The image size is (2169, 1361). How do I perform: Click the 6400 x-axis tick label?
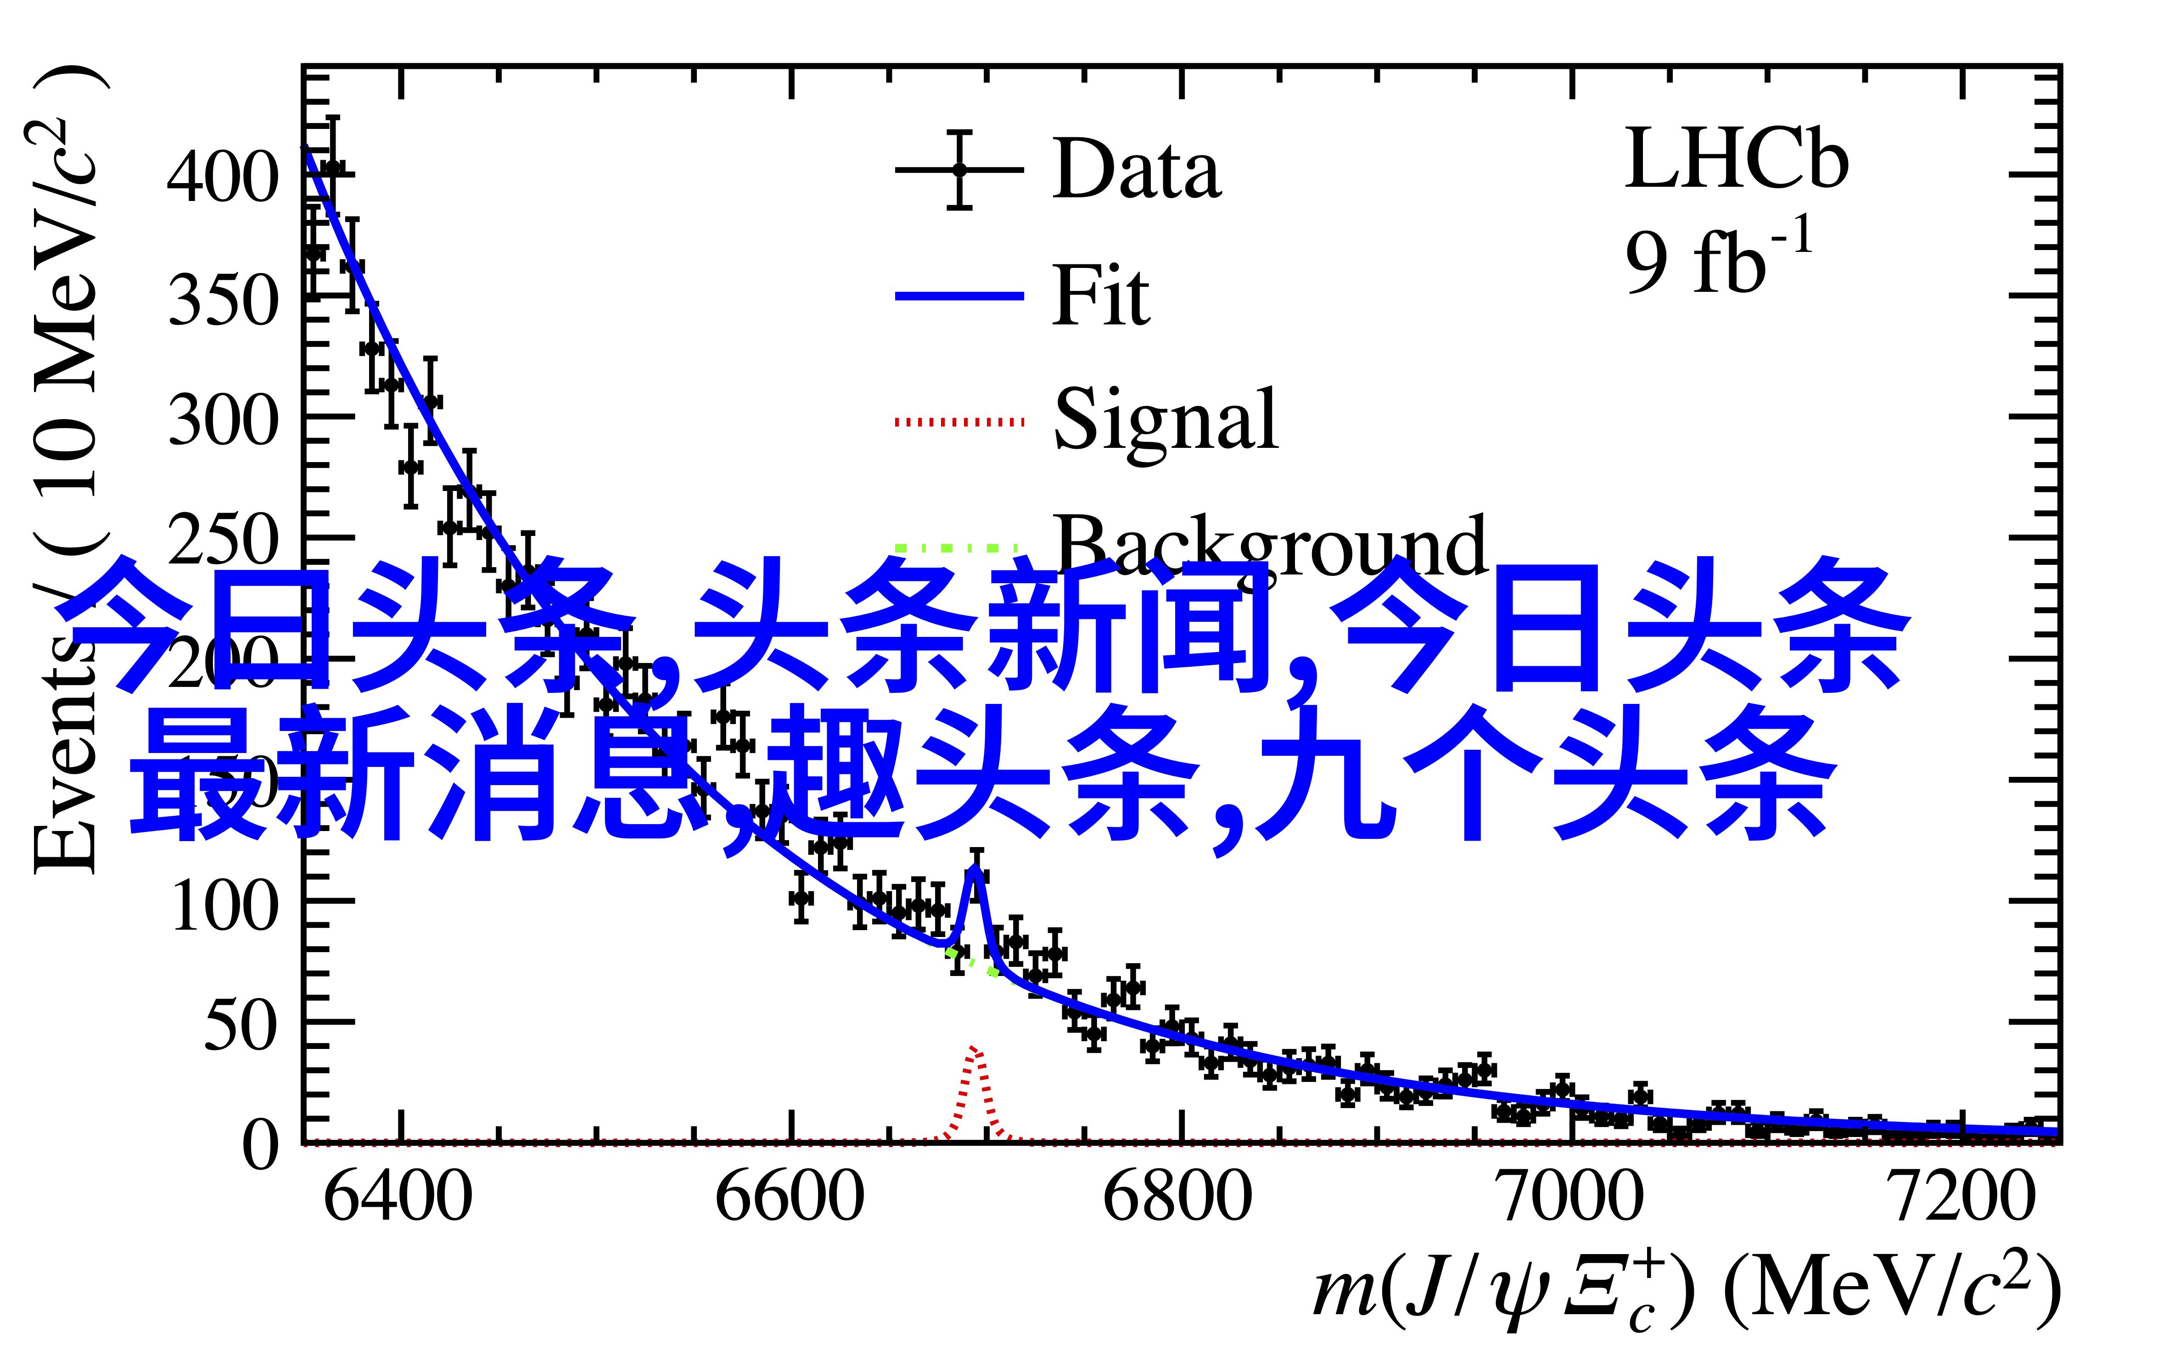(397, 1197)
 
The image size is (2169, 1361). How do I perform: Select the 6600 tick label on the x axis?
(790, 1197)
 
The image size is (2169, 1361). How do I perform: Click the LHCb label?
(1736, 160)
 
